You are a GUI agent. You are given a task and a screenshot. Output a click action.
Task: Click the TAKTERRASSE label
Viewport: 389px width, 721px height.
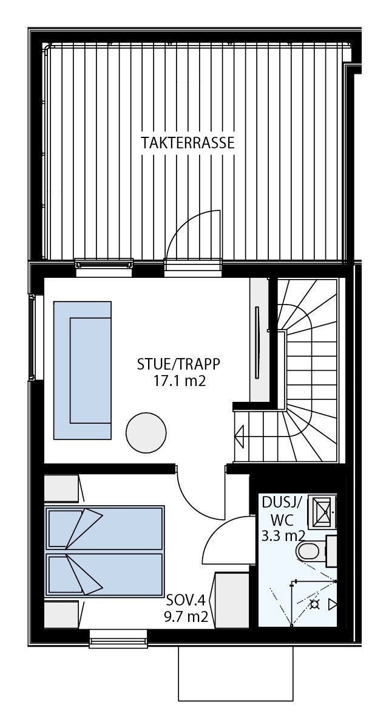[188, 143]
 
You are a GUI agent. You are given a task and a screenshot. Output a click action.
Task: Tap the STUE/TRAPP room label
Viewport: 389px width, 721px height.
[178, 364]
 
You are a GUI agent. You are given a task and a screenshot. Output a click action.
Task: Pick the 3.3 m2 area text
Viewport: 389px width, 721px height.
[283, 536]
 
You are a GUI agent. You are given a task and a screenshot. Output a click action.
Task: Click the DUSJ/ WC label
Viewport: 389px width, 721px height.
[282, 511]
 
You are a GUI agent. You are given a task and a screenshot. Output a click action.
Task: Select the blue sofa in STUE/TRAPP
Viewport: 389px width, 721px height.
[83, 370]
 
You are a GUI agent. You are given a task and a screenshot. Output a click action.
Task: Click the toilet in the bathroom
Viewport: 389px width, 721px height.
[310, 551]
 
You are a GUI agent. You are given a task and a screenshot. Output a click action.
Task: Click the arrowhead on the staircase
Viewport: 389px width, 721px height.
[240, 436]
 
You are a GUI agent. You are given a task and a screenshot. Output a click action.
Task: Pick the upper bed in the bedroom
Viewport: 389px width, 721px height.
[104, 527]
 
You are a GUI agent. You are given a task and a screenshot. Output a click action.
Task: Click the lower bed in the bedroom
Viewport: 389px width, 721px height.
[104, 574]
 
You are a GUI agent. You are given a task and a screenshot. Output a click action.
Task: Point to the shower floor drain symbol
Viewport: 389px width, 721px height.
[314, 604]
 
